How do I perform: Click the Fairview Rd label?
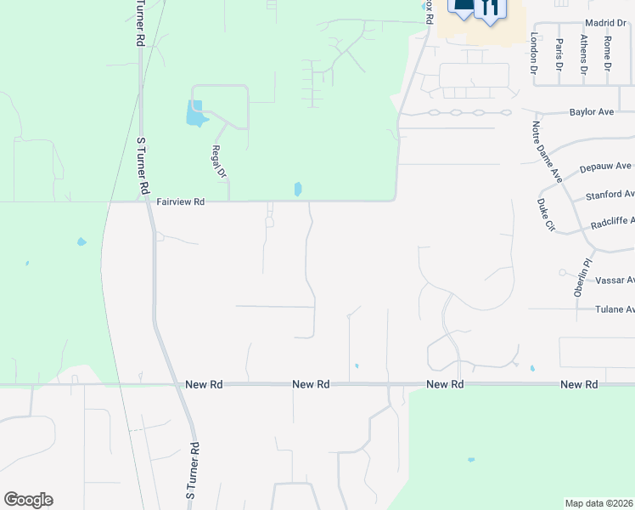click(181, 202)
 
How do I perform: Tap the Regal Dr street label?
click(219, 161)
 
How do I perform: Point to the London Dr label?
click(535, 53)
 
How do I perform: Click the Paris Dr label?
click(559, 55)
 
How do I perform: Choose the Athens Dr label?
click(583, 54)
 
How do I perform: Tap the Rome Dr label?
click(607, 53)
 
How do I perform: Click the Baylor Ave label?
click(592, 112)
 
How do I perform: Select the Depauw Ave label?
click(606, 167)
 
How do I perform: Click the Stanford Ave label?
click(610, 195)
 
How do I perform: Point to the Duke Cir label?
click(546, 216)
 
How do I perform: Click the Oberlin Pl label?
click(581, 275)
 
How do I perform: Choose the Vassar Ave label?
click(615, 280)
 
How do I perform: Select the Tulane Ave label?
click(615, 310)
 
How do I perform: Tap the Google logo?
click(28, 500)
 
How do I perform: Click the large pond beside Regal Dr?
click(195, 113)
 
